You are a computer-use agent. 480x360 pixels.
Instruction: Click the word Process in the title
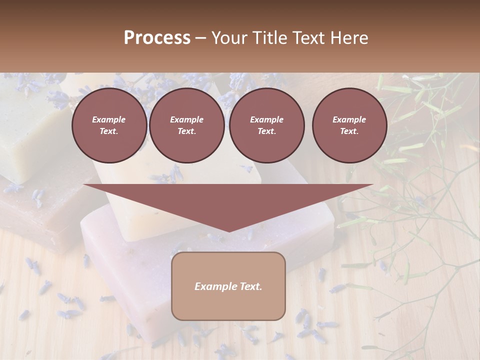pyautogui.click(x=157, y=37)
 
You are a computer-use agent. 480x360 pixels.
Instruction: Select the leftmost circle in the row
pyautogui.click(x=109, y=125)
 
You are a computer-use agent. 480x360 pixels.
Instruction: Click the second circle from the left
pyautogui.click(x=187, y=125)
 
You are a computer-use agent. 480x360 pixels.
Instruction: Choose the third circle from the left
pyautogui.click(x=267, y=125)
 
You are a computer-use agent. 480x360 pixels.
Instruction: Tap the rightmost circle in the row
pyautogui.click(x=349, y=125)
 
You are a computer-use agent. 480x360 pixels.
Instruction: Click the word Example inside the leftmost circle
pyautogui.click(x=109, y=119)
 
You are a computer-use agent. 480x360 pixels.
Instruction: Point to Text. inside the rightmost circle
pyautogui.click(x=349, y=131)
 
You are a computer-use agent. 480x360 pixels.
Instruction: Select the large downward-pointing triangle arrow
pyautogui.click(x=228, y=200)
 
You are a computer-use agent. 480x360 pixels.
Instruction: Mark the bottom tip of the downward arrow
pyautogui.click(x=229, y=230)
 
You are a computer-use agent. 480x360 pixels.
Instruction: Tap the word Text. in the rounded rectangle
pyautogui.click(x=250, y=286)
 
